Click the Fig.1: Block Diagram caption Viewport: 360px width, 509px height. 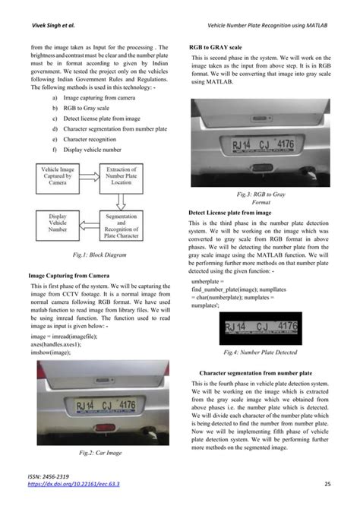click(88, 255)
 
